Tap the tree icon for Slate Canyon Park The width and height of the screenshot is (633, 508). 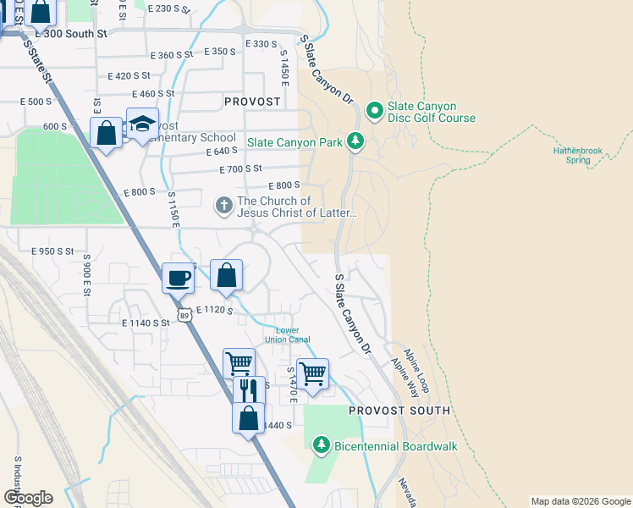356,141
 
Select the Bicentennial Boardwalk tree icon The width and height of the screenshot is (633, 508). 321,444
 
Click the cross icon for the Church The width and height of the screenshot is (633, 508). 223,206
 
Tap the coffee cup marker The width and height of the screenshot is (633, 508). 179,278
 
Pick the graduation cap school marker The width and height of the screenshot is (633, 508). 142,124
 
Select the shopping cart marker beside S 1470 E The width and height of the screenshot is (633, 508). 313,373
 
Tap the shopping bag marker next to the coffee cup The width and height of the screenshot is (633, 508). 226,275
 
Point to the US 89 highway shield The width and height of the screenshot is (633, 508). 184,315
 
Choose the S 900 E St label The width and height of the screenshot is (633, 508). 86,279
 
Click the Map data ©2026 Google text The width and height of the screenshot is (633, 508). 580,501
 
